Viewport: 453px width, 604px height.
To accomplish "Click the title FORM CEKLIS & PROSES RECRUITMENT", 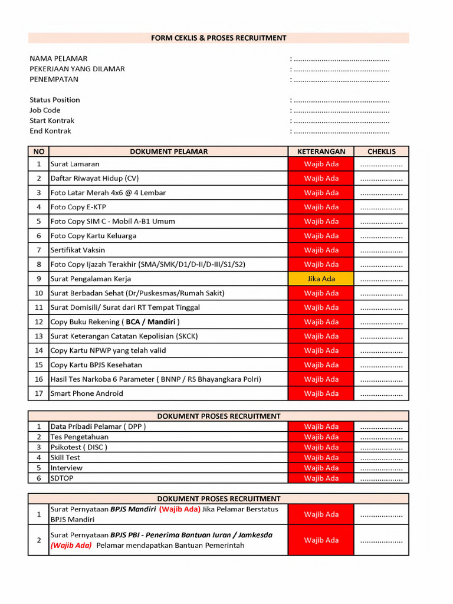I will tap(218, 38).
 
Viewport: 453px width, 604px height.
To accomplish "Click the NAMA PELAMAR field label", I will tap(58, 58).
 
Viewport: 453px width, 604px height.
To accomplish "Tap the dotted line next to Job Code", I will tap(341, 110).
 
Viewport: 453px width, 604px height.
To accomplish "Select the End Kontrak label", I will tap(50, 131).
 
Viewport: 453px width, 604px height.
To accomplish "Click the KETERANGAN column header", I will tap(321, 152).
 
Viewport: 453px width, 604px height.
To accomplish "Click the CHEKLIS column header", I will tap(381, 152).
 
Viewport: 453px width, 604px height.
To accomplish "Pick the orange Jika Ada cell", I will tap(321, 279).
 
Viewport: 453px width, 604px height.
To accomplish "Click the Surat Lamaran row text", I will tap(75, 164).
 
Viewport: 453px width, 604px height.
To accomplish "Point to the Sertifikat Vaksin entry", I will tap(78, 250).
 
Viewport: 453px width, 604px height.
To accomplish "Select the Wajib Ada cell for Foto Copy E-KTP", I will tap(321, 207).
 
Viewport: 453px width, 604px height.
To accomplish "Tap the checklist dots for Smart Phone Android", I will tap(381, 394).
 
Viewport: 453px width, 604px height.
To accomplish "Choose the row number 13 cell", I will tap(39, 336).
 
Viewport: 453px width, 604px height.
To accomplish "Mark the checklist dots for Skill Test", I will tap(381, 458).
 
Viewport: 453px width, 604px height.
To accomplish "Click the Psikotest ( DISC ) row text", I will tap(79, 447).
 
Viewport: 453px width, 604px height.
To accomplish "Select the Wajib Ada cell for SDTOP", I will tap(321, 478).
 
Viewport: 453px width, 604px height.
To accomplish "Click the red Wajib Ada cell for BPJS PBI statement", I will tap(321, 540).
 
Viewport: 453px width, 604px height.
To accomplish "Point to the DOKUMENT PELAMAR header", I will tap(169, 152).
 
